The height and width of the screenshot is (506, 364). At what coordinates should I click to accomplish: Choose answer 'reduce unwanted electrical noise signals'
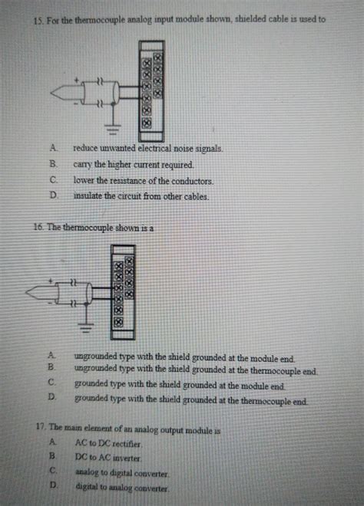click(x=147, y=148)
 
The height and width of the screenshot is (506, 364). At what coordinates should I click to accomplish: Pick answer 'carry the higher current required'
click(x=133, y=164)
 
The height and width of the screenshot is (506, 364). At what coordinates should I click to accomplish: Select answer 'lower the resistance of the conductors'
click(x=143, y=181)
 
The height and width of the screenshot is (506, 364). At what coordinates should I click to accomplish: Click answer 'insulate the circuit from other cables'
click(x=141, y=196)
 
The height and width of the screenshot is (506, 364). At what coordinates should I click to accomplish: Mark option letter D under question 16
click(x=52, y=398)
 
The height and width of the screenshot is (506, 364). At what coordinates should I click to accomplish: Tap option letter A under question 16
click(x=51, y=356)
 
